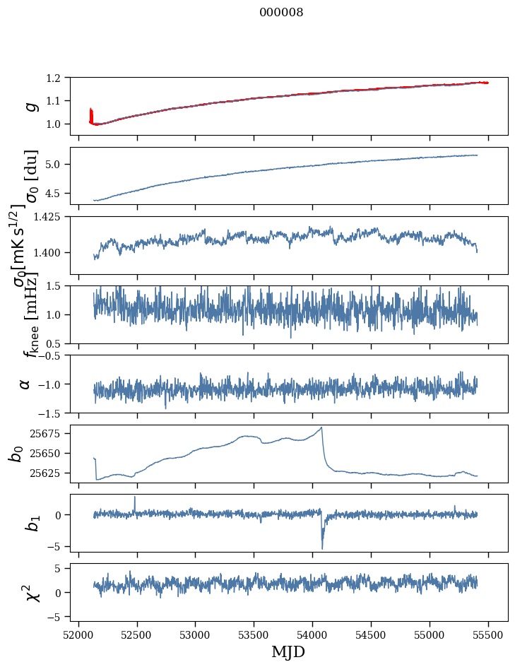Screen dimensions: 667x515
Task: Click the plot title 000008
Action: point(281,13)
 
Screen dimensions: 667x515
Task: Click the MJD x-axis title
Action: point(288,652)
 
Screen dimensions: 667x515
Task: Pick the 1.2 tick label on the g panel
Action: point(60,78)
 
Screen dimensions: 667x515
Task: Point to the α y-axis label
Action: point(25,384)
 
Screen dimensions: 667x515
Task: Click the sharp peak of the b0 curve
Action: point(322,427)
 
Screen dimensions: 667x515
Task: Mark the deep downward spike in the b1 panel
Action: point(322,548)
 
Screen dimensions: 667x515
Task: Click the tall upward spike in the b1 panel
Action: point(135,497)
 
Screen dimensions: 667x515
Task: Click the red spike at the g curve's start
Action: point(91,112)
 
